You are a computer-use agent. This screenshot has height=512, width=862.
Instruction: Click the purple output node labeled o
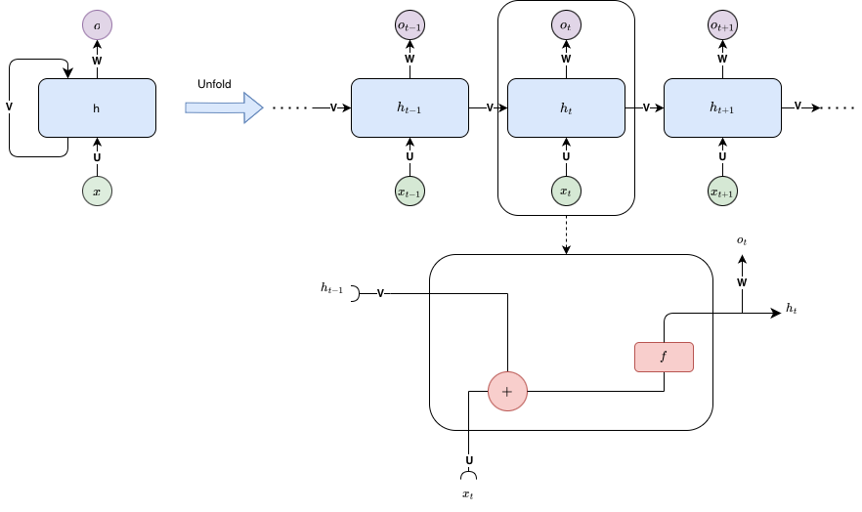click(x=97, y=25)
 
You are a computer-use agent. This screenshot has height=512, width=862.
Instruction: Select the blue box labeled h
click(x=97, y=107)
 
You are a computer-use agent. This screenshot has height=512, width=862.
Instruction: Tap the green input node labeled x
click(x=97, y=192)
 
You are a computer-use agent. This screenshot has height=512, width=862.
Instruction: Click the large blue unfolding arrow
click(x=224, y=107)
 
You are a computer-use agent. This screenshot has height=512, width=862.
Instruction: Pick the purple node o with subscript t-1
click(x=409, y=25)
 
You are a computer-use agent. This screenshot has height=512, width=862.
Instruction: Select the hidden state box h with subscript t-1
click(x=409, y=107)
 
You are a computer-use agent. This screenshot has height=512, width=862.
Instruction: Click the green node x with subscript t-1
click(x=409, y=192)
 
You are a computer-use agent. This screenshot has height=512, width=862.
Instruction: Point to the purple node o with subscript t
click(x=566, y=25)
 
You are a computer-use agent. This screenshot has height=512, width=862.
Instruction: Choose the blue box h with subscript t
click(x=566, y=107)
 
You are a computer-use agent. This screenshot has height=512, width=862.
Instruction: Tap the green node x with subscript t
click(x=566, y=192)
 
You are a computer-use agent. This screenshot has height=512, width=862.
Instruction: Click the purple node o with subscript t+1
click(x=722, y=25)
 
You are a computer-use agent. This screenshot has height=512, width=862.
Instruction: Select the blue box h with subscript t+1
click(x=722, y=107)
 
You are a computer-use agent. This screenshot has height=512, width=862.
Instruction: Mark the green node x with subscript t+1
click(x=722, y=192)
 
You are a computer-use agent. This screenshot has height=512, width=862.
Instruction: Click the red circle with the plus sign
click(x=507, y=391)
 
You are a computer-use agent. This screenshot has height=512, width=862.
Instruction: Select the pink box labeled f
click(x=664, y=357)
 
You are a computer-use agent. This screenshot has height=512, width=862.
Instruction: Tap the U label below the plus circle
click(x=469, y=460)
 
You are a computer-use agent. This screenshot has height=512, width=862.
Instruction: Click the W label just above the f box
click(x=742, y=282)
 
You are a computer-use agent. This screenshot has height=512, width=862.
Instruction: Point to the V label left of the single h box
click(x=10, y=107)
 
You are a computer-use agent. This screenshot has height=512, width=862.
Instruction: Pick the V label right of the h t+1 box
click(x=797, y=106)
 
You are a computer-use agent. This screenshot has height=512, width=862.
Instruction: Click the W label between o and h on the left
click(x=97, y=61)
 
